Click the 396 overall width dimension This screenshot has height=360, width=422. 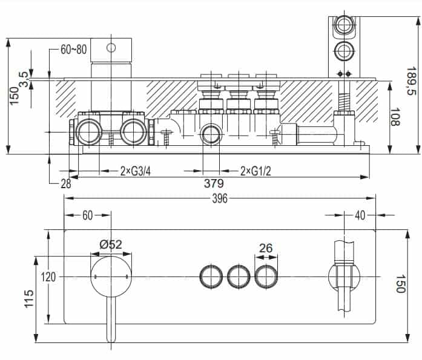pyautogui.click(x=220, y=198)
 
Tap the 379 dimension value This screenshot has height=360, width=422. pyautogui.click(x=214, y=183)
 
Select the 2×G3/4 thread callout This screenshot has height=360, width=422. pyautogui.click(x=136, y=171)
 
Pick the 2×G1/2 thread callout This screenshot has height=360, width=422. pyautogui.click(x=256, y=171)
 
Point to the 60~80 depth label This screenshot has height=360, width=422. pyautogui.click(x=73, y=50)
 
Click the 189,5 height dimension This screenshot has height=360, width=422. pyautogui.click(x=411, y=81)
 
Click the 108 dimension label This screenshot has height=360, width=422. pyautogui.click(x=395, y=117)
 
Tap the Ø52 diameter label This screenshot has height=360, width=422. pyautogui.click(x=111, y=244)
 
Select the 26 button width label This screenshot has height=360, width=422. pyautogui.click(x=266, y=248)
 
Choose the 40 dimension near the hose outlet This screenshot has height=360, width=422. pyautogui.click(x=360, y=215)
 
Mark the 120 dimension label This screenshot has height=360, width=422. pyautogui.click(x=48, y=277)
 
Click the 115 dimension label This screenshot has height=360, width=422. pyautogui.click(x=29, y=298)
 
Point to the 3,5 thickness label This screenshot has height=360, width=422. pyautogui.click(x=24, y=79)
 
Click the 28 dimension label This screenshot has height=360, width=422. pyautogui.click(x=66, y=184)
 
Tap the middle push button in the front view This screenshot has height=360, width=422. pyautogui.click(x=239, y=277)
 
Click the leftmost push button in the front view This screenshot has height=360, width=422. pyautogui.click(x=211, y=277)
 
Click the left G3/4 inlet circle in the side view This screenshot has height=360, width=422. pyautogui.click(x=88, y=132)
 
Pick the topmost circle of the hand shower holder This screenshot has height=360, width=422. pyautogui.click(x=344, y=24)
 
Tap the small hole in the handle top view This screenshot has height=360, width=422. pyautogui.click(x=111, y=48)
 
